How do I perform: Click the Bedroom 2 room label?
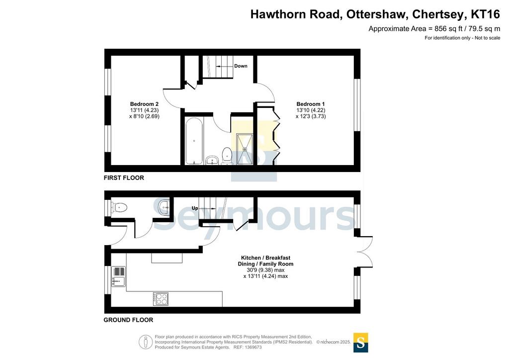pyautogui.click(x=144, y=104)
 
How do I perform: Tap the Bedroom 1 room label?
pyautogui.click(x=310, y=104)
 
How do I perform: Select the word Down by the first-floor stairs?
pyautogui.click(x=241, y=66)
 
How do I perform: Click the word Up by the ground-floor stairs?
pyautogui.click(x=195, y=208)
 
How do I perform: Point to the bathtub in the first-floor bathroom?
pyautogui.click(x=194, y=141)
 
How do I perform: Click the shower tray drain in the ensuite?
pyautogui.click(x=245, y=149)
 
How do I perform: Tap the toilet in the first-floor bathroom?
pyautogui.click(x=227, y=156)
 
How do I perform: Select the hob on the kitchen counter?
pyautogui.click(x=161, y=299)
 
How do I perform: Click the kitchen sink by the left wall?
pyautogui.click(x=118, y=276)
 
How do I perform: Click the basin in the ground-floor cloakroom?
pyautogui.click(x=164, y=206)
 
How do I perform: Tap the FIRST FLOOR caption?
pyautogui.click(x=124, y=178)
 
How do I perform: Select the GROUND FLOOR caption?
pyautogui.click(x=128, y=320)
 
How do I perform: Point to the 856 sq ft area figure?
pyautogui.click(x=448, y=29)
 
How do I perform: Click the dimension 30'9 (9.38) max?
pyautogui.click(x=265, y=270)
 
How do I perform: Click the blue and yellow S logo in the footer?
pyautogui.click(x=360, y=343)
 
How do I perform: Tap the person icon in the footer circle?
pyautogui.click(x=146, y=342)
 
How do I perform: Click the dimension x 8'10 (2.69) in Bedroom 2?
pyautogui.click(x=144, y=116)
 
